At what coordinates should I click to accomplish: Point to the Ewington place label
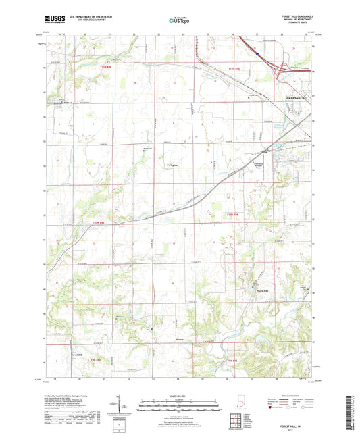[172, 164]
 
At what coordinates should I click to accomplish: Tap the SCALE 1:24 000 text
[179, 396]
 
